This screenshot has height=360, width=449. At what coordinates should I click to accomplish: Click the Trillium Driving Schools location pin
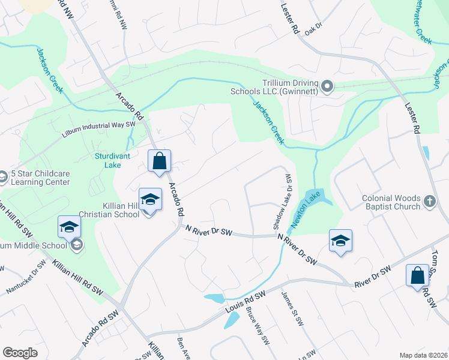click(327, 87)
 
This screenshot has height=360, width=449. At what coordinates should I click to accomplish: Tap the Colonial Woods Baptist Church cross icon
click(429, 202)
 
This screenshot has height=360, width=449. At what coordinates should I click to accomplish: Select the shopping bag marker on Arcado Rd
click(159, 161)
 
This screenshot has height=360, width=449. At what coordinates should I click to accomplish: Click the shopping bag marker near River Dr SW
click(417, 276)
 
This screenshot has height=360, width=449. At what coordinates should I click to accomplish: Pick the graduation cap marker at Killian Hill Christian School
click(150, 200)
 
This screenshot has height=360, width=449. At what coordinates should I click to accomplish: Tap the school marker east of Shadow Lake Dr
click(340, 241)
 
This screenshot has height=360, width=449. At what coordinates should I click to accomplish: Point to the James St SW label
click(294, 309)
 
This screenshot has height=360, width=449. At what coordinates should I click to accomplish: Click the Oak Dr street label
click(313, 29)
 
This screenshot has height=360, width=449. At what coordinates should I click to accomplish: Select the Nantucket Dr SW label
click(26, 278)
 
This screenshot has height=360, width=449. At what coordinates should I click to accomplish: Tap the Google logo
click(20, 352)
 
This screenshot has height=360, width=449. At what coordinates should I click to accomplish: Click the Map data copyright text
click(423, 355)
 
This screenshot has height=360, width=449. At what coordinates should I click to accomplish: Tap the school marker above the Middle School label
click(69, 227)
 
